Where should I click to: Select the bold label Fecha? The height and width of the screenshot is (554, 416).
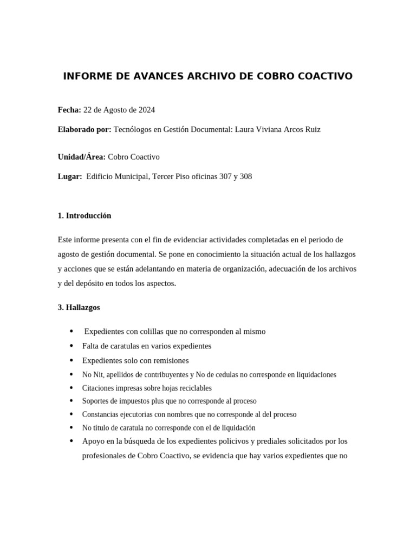point(69,110)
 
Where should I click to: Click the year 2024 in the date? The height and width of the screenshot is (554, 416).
point(146,110)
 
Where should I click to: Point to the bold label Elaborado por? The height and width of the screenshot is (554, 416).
point(84,130)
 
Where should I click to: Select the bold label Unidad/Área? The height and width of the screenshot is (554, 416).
point(81,157)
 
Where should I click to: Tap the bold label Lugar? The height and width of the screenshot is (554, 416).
point(69,176)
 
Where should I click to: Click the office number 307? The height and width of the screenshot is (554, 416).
point(225,176)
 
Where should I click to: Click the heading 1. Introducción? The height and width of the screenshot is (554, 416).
point(84,215)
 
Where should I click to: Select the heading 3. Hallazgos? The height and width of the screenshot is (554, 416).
point(79,307)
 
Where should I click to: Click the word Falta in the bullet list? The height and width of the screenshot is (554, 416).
point(91,346)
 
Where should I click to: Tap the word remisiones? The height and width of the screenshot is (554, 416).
point(170,360)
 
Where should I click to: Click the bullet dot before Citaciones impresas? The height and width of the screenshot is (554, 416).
point(71,388)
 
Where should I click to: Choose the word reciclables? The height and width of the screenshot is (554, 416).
point(192,388)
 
